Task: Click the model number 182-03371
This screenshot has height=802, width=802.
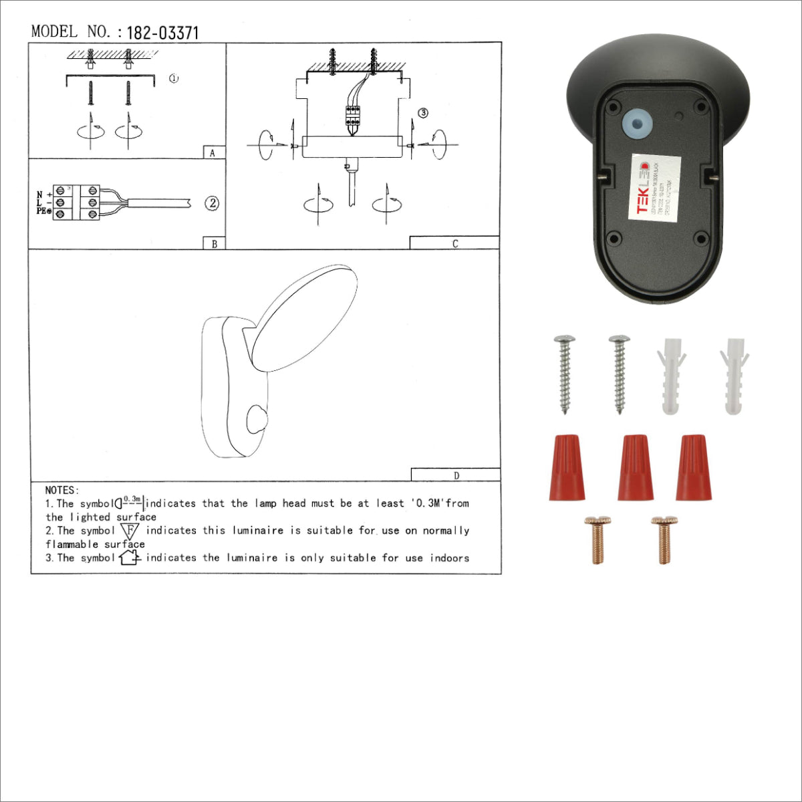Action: click(x=162, y=33)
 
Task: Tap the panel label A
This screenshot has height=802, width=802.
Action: click(x=213, y=153)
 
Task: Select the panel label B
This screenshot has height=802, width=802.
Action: click(x=214, y=244)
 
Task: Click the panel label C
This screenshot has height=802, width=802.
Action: click(x=455, y=244)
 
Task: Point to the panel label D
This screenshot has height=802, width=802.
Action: click(x=456, y=476)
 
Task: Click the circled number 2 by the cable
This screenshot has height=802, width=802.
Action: click(x=212, y=203)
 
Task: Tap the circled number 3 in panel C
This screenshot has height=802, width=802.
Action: click(x=422, y=113)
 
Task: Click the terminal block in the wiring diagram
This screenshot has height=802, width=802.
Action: click(x=77, y=203)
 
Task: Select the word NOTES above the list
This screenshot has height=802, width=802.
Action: click(x=62, y=491)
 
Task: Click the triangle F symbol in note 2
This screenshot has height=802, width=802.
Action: click(x=130, y=531)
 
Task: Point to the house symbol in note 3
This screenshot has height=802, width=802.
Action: click(x=129, y=557)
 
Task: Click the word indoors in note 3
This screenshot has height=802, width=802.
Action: click(x=449, y=558)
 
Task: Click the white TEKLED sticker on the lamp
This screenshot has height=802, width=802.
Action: click(x=656, y=188)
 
